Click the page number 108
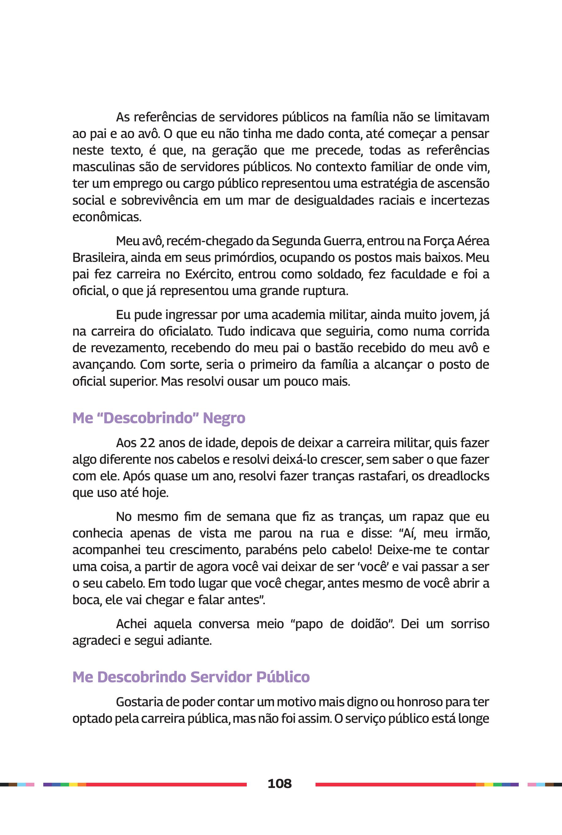(x=280, y=783)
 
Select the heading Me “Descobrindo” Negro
(x=159, y=418)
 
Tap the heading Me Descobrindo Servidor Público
(x=191, y=677)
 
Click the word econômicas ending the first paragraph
(x=107, y=217)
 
